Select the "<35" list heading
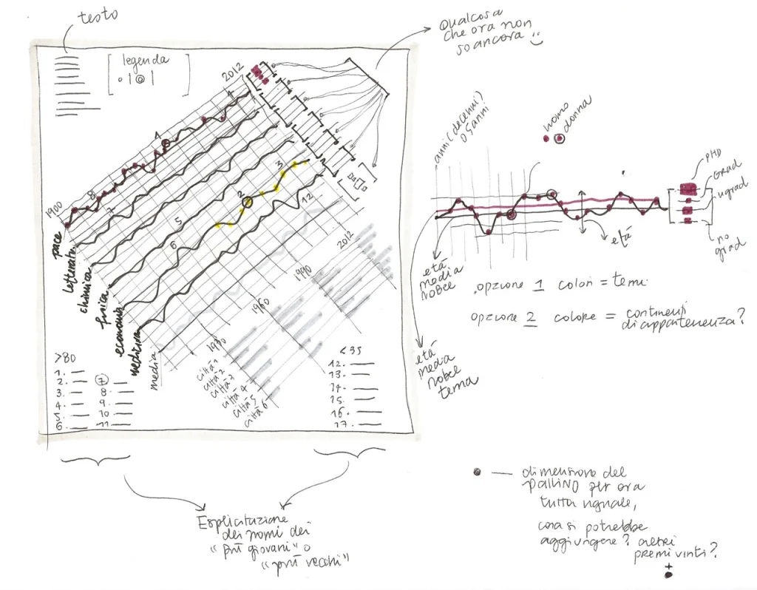coord(347,350)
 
